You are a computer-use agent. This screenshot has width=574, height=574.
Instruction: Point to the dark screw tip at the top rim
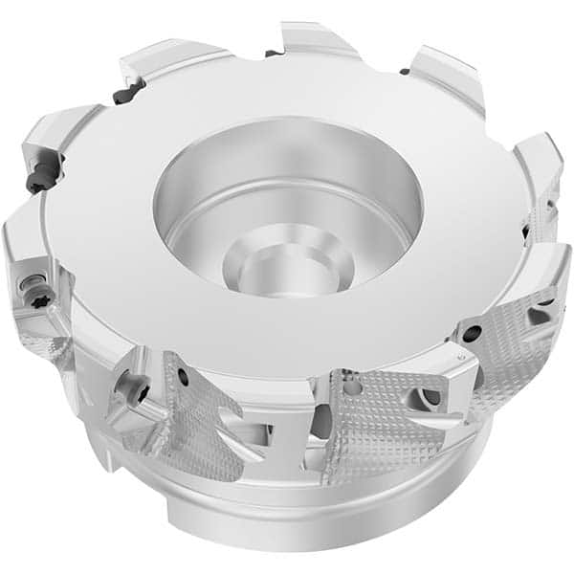click(x=274, y=53)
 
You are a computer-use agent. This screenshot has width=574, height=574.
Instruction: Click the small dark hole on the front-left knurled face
click(x=182, y=379)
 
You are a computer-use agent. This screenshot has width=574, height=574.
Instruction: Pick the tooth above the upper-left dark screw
click(x=163, y=62)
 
